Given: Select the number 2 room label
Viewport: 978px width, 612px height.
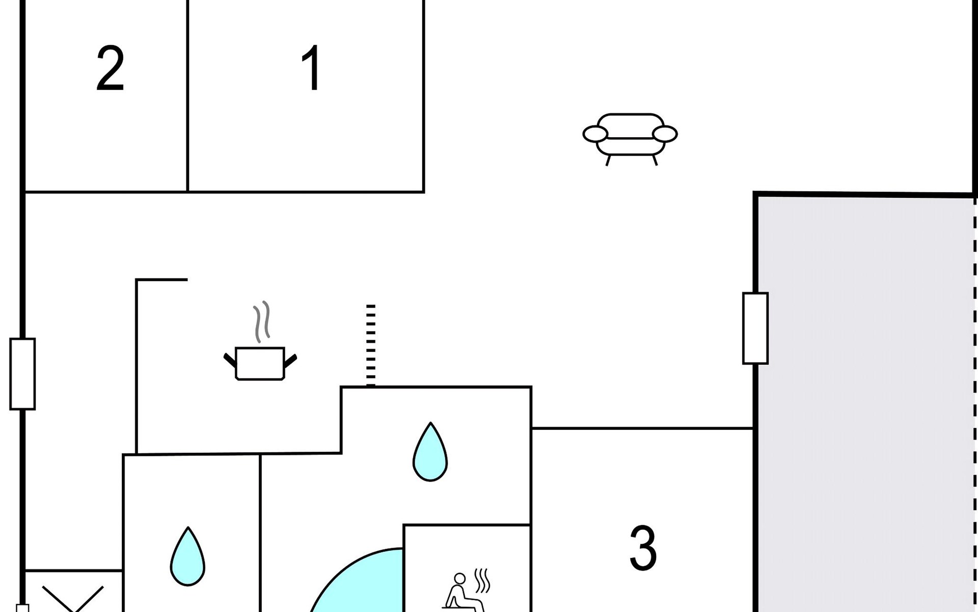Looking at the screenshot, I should coord(110,69).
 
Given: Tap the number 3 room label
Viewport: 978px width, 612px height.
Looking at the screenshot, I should coord(643,548).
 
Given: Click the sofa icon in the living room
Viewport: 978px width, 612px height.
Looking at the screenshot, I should coord(630,136).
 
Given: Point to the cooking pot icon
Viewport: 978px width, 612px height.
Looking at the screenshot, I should coord(260,363).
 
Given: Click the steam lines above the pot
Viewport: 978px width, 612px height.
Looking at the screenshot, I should coord(262,321).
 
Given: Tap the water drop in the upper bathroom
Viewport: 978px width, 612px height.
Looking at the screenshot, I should coord(430,453).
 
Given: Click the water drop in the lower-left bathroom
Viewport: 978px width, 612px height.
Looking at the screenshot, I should coord(187,557).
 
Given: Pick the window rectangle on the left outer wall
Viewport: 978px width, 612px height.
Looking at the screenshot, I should coord(22,374).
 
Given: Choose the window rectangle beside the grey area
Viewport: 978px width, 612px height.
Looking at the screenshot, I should coord(755,328).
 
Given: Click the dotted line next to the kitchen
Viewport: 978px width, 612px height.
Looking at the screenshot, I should coord(371,345).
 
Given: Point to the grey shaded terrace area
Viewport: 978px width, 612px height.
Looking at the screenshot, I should coord(866,403).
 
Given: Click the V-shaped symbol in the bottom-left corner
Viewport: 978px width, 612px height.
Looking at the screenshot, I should coord(73,598).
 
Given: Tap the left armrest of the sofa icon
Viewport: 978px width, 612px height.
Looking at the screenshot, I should coord(595,134).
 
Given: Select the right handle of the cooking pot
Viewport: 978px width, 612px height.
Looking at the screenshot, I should coord(290,361).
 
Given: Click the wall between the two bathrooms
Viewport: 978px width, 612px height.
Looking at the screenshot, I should coord(260,530).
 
